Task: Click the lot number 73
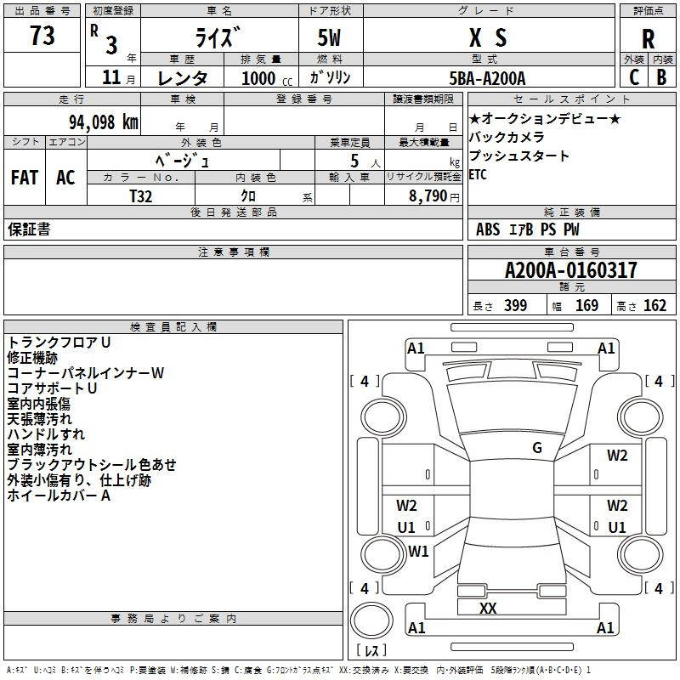tap(42, 36)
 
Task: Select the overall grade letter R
tap(648, 39)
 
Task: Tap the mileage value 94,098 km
tap(104, 122)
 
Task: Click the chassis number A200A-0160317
tap(571, 270)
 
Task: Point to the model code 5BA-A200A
tap(487, 78)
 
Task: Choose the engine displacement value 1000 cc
tap(267, 78)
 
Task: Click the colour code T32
tap(141, 196)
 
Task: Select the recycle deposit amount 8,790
tap(428, 196)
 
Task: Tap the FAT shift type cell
tap(25, 178)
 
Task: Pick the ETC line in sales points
tap(478, 174)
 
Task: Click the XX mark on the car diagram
tap(488, 608)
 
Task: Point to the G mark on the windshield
tap(537, 448)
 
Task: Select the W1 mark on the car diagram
tap(418, 551)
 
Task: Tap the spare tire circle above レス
tap(371, 620)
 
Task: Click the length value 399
tap(516, 305)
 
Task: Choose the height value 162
tap(654, 305)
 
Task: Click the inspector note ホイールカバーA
tap(59, 496)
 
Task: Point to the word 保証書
tap(29, 229)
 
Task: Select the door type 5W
tap(329, 37)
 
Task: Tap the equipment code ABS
tap(488, 229)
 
